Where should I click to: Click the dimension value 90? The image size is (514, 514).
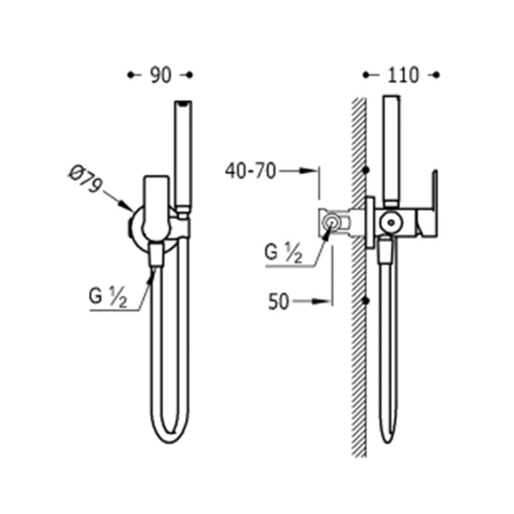coord(161,75)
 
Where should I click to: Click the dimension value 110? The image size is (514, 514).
coord(403,75)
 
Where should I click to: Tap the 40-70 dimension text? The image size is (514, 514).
coord(251,171)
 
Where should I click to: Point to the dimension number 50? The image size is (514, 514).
coord(279,301)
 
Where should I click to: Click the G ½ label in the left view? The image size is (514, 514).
coord(107,297)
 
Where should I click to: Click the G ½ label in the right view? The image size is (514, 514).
coord(283,253)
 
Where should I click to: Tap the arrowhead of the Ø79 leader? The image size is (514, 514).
coord(127,206)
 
